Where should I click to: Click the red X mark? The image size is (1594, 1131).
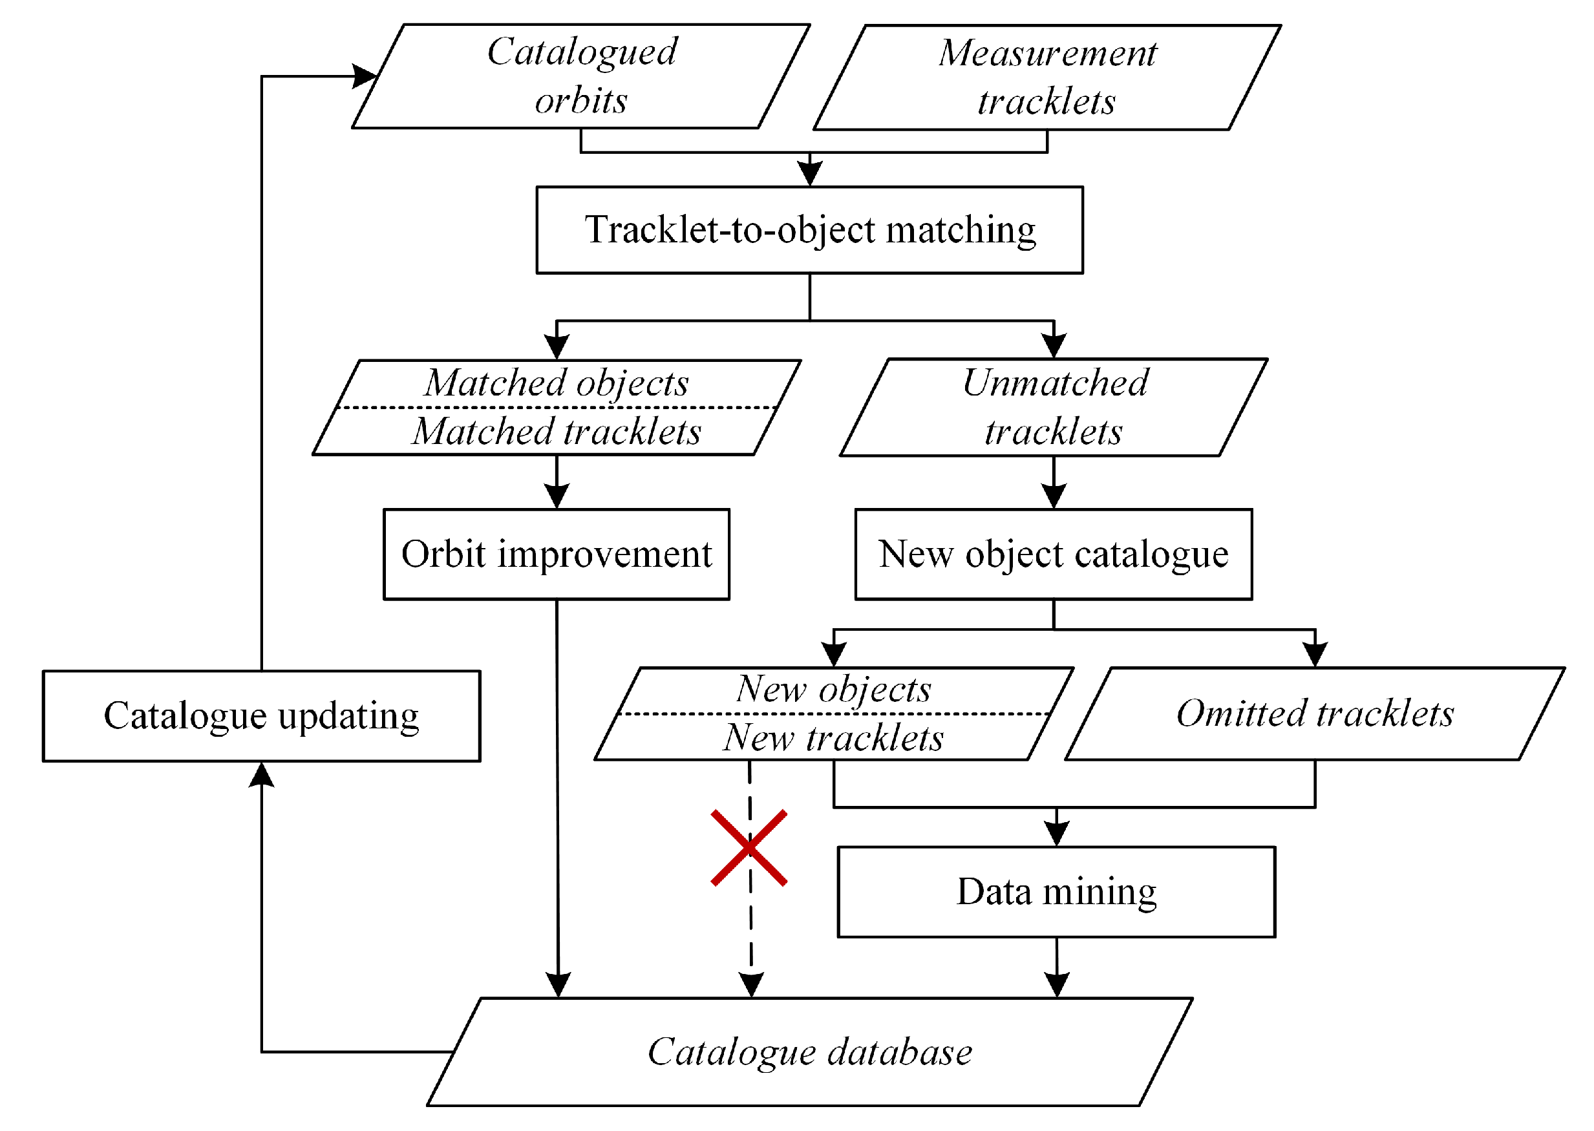749,847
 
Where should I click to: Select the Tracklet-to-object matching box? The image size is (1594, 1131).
809,230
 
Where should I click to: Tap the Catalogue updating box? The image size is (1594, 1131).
261,716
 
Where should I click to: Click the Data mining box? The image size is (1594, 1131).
1056,891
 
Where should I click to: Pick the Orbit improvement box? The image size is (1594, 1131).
557,555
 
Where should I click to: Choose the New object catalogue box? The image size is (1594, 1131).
1053,555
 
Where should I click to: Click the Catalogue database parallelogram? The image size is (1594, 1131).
809,1052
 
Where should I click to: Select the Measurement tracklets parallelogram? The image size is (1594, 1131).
1047,78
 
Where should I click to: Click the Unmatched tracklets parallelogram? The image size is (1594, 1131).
1053,407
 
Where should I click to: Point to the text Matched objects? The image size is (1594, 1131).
557,383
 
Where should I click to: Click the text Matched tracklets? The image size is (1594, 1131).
557,432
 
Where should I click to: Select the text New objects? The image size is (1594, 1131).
834,690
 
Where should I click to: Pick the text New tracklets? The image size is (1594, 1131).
834,737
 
